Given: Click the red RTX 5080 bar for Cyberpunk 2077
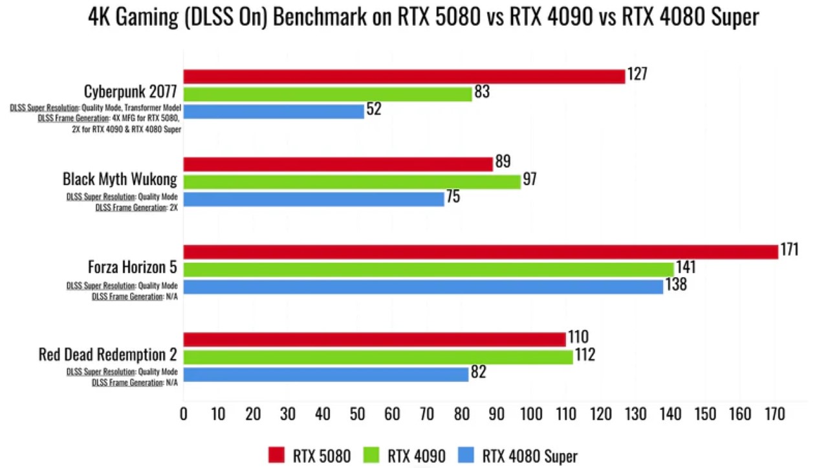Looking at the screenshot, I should coord(404,76).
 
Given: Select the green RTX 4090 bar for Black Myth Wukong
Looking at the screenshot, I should coord(352,181).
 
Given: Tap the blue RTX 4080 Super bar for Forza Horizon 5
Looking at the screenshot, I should coord(423,286).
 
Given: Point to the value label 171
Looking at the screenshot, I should coord(789,250).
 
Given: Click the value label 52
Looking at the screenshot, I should coord(374,109).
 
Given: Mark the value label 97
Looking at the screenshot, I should coord(530,179).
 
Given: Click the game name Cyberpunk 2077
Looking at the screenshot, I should coord(130,92).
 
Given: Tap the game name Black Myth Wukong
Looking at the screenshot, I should coord(120,179).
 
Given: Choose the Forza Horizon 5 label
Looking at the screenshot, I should coord(132,267).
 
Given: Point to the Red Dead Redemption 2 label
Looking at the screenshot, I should coord(107,355).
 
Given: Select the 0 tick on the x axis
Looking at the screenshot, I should coord(184,414).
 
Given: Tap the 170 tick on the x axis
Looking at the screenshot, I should coord(774,414).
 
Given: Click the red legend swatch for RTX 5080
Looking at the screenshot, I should coord(276,455).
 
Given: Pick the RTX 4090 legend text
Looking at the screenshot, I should coord(417,456).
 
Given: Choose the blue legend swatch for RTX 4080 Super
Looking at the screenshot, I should coord(466,455).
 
